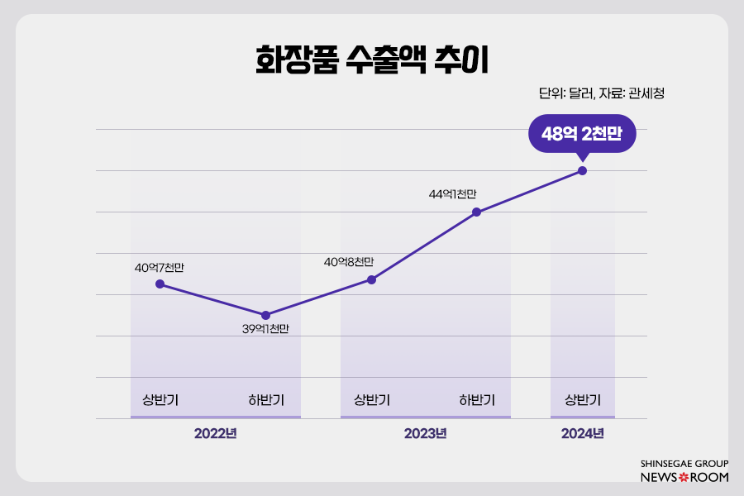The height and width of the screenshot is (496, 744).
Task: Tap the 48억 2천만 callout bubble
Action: pos(582,133)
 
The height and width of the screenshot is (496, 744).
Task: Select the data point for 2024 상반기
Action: pos(582,171)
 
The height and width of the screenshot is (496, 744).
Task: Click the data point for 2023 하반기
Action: pos(477,212)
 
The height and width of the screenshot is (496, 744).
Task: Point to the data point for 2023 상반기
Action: pos(371,279)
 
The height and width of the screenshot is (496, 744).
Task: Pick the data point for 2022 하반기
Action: pos(265,315)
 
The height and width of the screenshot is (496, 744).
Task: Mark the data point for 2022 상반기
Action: pos(160,284)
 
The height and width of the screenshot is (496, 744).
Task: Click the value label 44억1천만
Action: pos(453,194)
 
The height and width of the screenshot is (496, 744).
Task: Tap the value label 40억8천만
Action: pos(348,261)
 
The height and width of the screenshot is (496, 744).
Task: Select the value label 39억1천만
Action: pos(265,329)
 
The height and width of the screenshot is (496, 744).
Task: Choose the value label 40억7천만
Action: pos(160,268)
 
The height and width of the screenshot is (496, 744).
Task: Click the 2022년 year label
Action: pos(215,433)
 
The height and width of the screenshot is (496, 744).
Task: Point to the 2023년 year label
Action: pos(425,433)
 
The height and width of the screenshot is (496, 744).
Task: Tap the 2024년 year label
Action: pos(582,433)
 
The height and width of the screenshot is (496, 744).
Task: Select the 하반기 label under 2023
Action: pos(477,401)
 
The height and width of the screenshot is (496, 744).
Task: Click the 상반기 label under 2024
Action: pos(582,401)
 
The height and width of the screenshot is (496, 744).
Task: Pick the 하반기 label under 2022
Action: pos(265,401)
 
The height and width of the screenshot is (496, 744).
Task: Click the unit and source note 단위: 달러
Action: pos(601,93)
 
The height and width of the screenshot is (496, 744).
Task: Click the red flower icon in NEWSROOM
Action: pos(683,478)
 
